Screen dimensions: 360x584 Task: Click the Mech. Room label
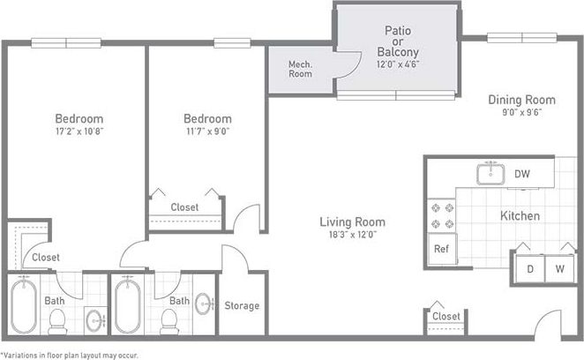pos(300,69)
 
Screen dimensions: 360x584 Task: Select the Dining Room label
pos(521,100)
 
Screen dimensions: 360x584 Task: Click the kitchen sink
pos(490,174)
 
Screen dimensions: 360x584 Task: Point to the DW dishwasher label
pos(522,174)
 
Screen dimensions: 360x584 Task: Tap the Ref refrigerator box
pos(440,249)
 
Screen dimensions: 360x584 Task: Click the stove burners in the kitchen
pos(440,215)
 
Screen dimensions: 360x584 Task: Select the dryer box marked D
pos(530,268)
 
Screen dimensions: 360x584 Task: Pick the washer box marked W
pos(559,268)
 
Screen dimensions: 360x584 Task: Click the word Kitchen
pos(520,216)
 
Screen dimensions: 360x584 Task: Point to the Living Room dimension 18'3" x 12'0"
pos(352,235)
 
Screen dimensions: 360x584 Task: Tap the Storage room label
pos(242,306)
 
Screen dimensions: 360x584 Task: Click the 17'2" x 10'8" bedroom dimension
pos(79,131)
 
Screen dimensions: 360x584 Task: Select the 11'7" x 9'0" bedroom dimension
pos(207,131)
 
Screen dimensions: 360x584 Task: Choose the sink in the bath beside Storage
pos(205,304)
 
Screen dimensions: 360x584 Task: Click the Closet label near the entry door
pos(445,316)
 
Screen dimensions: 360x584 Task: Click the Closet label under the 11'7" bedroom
pos(184,207)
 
